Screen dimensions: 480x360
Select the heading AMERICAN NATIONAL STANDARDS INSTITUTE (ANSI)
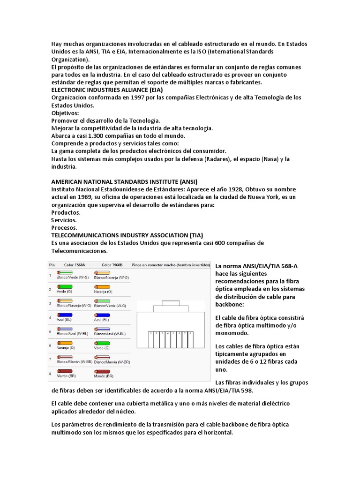pos(124,181)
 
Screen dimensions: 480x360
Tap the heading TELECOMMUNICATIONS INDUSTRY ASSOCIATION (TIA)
pos(127,235)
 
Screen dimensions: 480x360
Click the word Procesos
pos(64,227)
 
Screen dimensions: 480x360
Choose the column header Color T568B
pos(112,265)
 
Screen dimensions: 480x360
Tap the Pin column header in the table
pos(52,265)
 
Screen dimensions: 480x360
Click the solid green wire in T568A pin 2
pos(64,286)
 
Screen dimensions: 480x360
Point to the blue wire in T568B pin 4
pos(102,315)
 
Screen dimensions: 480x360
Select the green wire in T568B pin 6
pos(102,343)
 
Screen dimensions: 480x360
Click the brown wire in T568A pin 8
pos(64,371)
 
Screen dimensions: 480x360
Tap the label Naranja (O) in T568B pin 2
pos(103,291)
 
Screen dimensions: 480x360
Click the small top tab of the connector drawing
pos(171,303)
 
